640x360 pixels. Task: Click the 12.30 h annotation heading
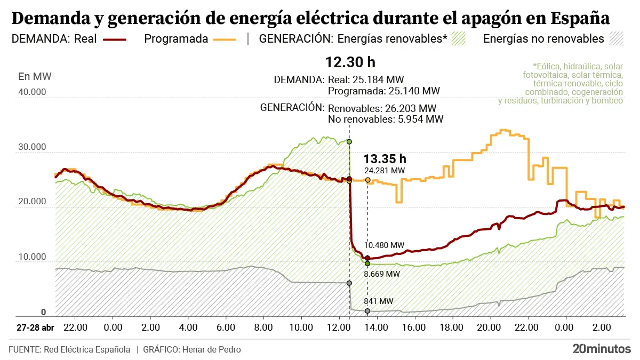(x=350, y=62)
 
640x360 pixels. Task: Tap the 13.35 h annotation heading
(x=385, y=158)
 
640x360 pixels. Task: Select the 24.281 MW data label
(x=385, y=171)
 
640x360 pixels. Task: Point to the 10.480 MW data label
(x=385, y=245)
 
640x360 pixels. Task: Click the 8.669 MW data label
(x=382, y=274)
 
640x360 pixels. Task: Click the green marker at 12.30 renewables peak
(x=349, y=141)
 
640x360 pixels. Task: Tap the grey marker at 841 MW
(x=367, y=311)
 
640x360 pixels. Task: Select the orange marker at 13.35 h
(x=367, y=180)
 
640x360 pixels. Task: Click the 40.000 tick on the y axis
(x=32, y=92)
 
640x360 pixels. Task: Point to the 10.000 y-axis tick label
(x=32, y=258)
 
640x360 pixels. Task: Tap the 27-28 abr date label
(x=35, y=326)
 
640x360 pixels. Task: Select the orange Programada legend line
(x=225, y=39)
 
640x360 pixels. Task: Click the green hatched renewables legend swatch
(x=459, y=39)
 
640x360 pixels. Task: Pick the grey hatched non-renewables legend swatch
(x=617, y=39)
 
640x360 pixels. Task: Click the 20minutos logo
(x=602, y=349)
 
